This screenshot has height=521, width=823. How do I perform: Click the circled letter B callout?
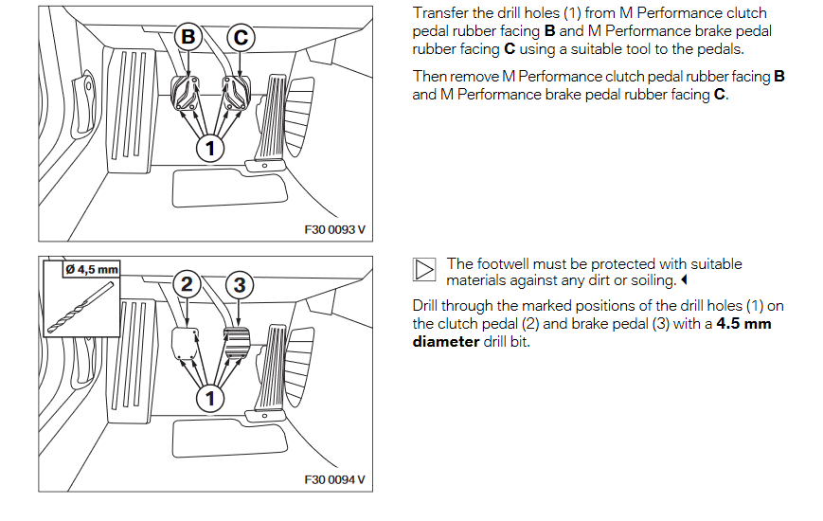[x=188, y=37]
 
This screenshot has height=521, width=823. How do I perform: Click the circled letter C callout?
[x=242, y=37]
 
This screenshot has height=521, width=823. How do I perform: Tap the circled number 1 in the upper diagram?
[x=210, y=148]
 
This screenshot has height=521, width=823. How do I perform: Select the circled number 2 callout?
[x=188, y=284]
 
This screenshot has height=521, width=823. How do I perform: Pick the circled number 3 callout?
[x=241, y=284]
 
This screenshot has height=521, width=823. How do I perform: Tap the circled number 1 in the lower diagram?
[x=210, y=398]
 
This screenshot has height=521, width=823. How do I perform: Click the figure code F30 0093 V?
[x=333, y=229]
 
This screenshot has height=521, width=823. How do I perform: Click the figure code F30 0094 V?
[x=333, y=480]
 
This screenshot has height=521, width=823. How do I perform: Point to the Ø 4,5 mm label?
[x=91, y=269]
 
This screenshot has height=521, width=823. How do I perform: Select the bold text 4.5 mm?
[x=743, y=324]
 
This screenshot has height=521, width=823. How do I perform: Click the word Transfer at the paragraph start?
[x=439, y=13]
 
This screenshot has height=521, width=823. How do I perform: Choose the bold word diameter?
[x=445, y=341]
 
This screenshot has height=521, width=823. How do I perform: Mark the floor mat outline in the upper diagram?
[x=228, y=186]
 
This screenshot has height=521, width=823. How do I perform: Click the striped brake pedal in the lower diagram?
[x=235, y=340]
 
